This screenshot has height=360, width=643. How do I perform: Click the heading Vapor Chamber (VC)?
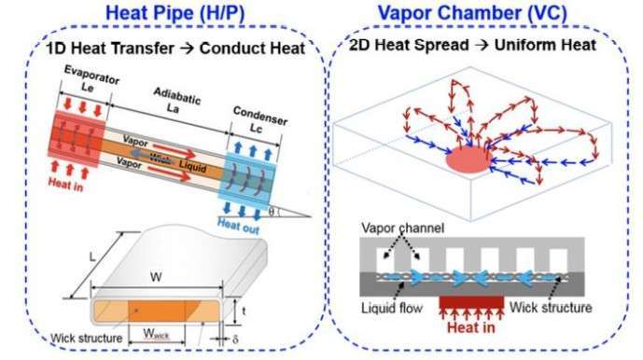tap(480, 14)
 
